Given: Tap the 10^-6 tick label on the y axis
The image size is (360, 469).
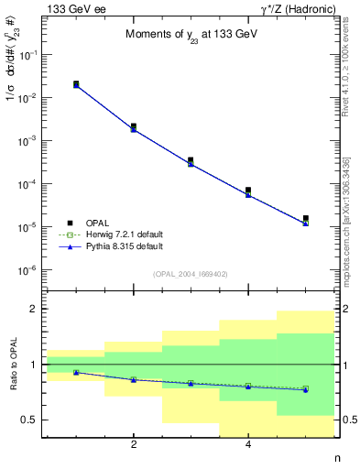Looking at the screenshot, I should tap(29, 269).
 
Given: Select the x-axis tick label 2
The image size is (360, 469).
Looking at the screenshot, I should tap(134, 445).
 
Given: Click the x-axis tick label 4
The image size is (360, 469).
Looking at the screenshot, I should tap(248, 445).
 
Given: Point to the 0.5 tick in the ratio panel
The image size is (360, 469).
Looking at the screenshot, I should tap(27, 420).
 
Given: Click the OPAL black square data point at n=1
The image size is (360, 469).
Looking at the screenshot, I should tap(76, 84).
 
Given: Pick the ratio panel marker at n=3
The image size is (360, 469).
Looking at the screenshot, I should tap(191, 383).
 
